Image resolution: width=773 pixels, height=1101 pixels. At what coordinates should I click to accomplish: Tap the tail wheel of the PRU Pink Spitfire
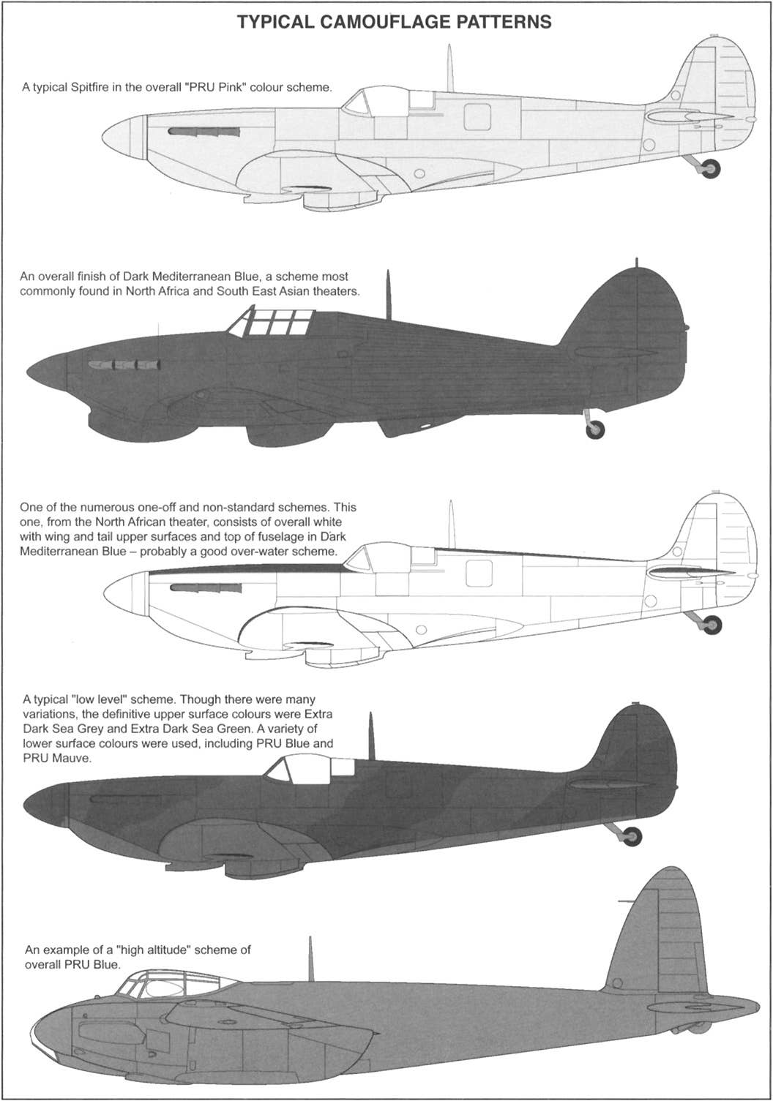(710, 168)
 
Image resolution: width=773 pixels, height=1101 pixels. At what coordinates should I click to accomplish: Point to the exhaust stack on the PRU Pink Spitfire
(203, 132)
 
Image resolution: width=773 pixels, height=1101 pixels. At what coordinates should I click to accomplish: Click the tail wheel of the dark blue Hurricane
(596, 429)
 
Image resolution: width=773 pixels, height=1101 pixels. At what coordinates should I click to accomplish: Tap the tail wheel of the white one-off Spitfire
(712, 625)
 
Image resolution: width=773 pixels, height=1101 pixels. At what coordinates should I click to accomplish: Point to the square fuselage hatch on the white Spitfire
(479, 574)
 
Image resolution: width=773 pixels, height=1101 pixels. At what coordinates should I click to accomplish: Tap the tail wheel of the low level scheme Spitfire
(632, 836)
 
